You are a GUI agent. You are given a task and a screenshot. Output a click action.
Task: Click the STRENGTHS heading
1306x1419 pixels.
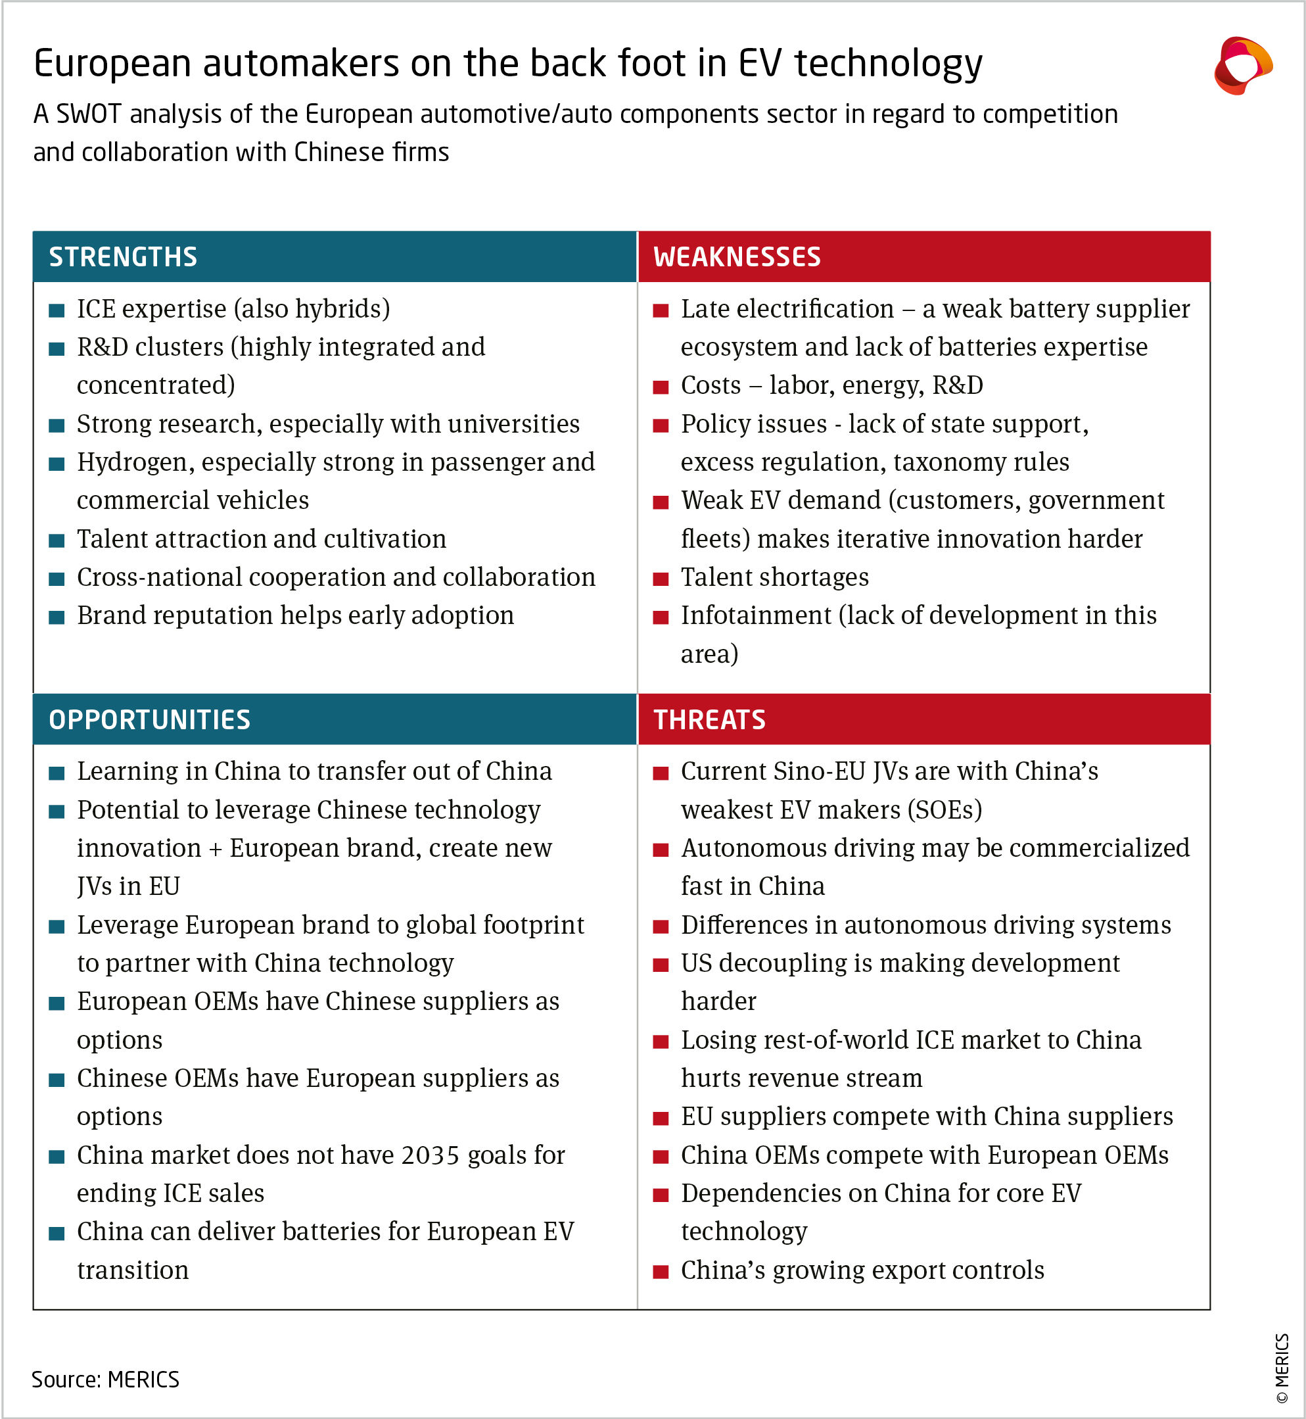[x=123, y=256]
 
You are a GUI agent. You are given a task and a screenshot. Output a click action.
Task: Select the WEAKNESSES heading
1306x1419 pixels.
[x=736, y=256]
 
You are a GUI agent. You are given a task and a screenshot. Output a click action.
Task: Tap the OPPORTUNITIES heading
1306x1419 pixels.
[x=149, y=720]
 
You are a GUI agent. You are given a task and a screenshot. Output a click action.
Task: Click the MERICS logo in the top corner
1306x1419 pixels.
[x=1242, y=66]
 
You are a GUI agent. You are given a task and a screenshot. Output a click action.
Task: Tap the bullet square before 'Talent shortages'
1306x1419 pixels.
[x=661, y=579]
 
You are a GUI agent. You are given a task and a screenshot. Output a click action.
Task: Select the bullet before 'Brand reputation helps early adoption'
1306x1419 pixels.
[x=57, y=617]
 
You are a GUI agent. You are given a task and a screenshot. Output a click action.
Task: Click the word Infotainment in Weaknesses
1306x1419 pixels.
[x=755, y=616]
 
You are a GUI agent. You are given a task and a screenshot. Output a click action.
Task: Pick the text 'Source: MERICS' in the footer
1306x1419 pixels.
[x=105, y=1380]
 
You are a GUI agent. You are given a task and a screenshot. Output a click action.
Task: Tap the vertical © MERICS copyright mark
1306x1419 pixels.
[x=1282, y=1368]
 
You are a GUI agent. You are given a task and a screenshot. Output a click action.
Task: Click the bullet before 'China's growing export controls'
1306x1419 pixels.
[x=661, y=1272]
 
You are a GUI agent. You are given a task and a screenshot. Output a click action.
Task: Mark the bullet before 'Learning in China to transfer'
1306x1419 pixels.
[x=57, y=773]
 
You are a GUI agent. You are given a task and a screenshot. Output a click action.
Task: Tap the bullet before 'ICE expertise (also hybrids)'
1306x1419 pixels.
[x=57, y=310]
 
